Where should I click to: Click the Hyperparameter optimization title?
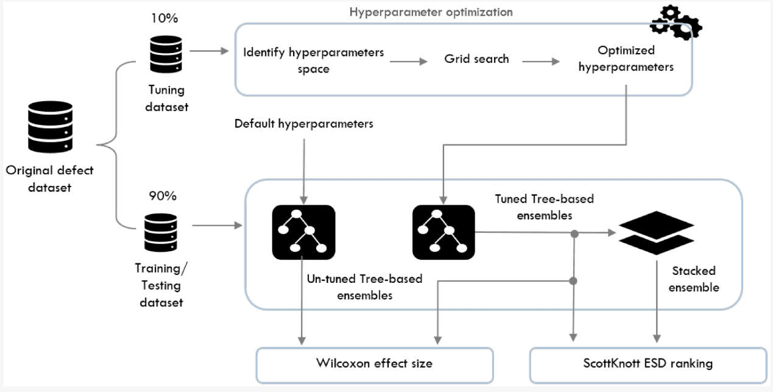[x=431, y=12]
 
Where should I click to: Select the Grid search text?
[x=476, y=60]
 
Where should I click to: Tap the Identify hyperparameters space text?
[x=313, y=60]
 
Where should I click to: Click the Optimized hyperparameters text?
[x=627, y=60]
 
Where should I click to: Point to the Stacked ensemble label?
[x=694, y=278]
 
